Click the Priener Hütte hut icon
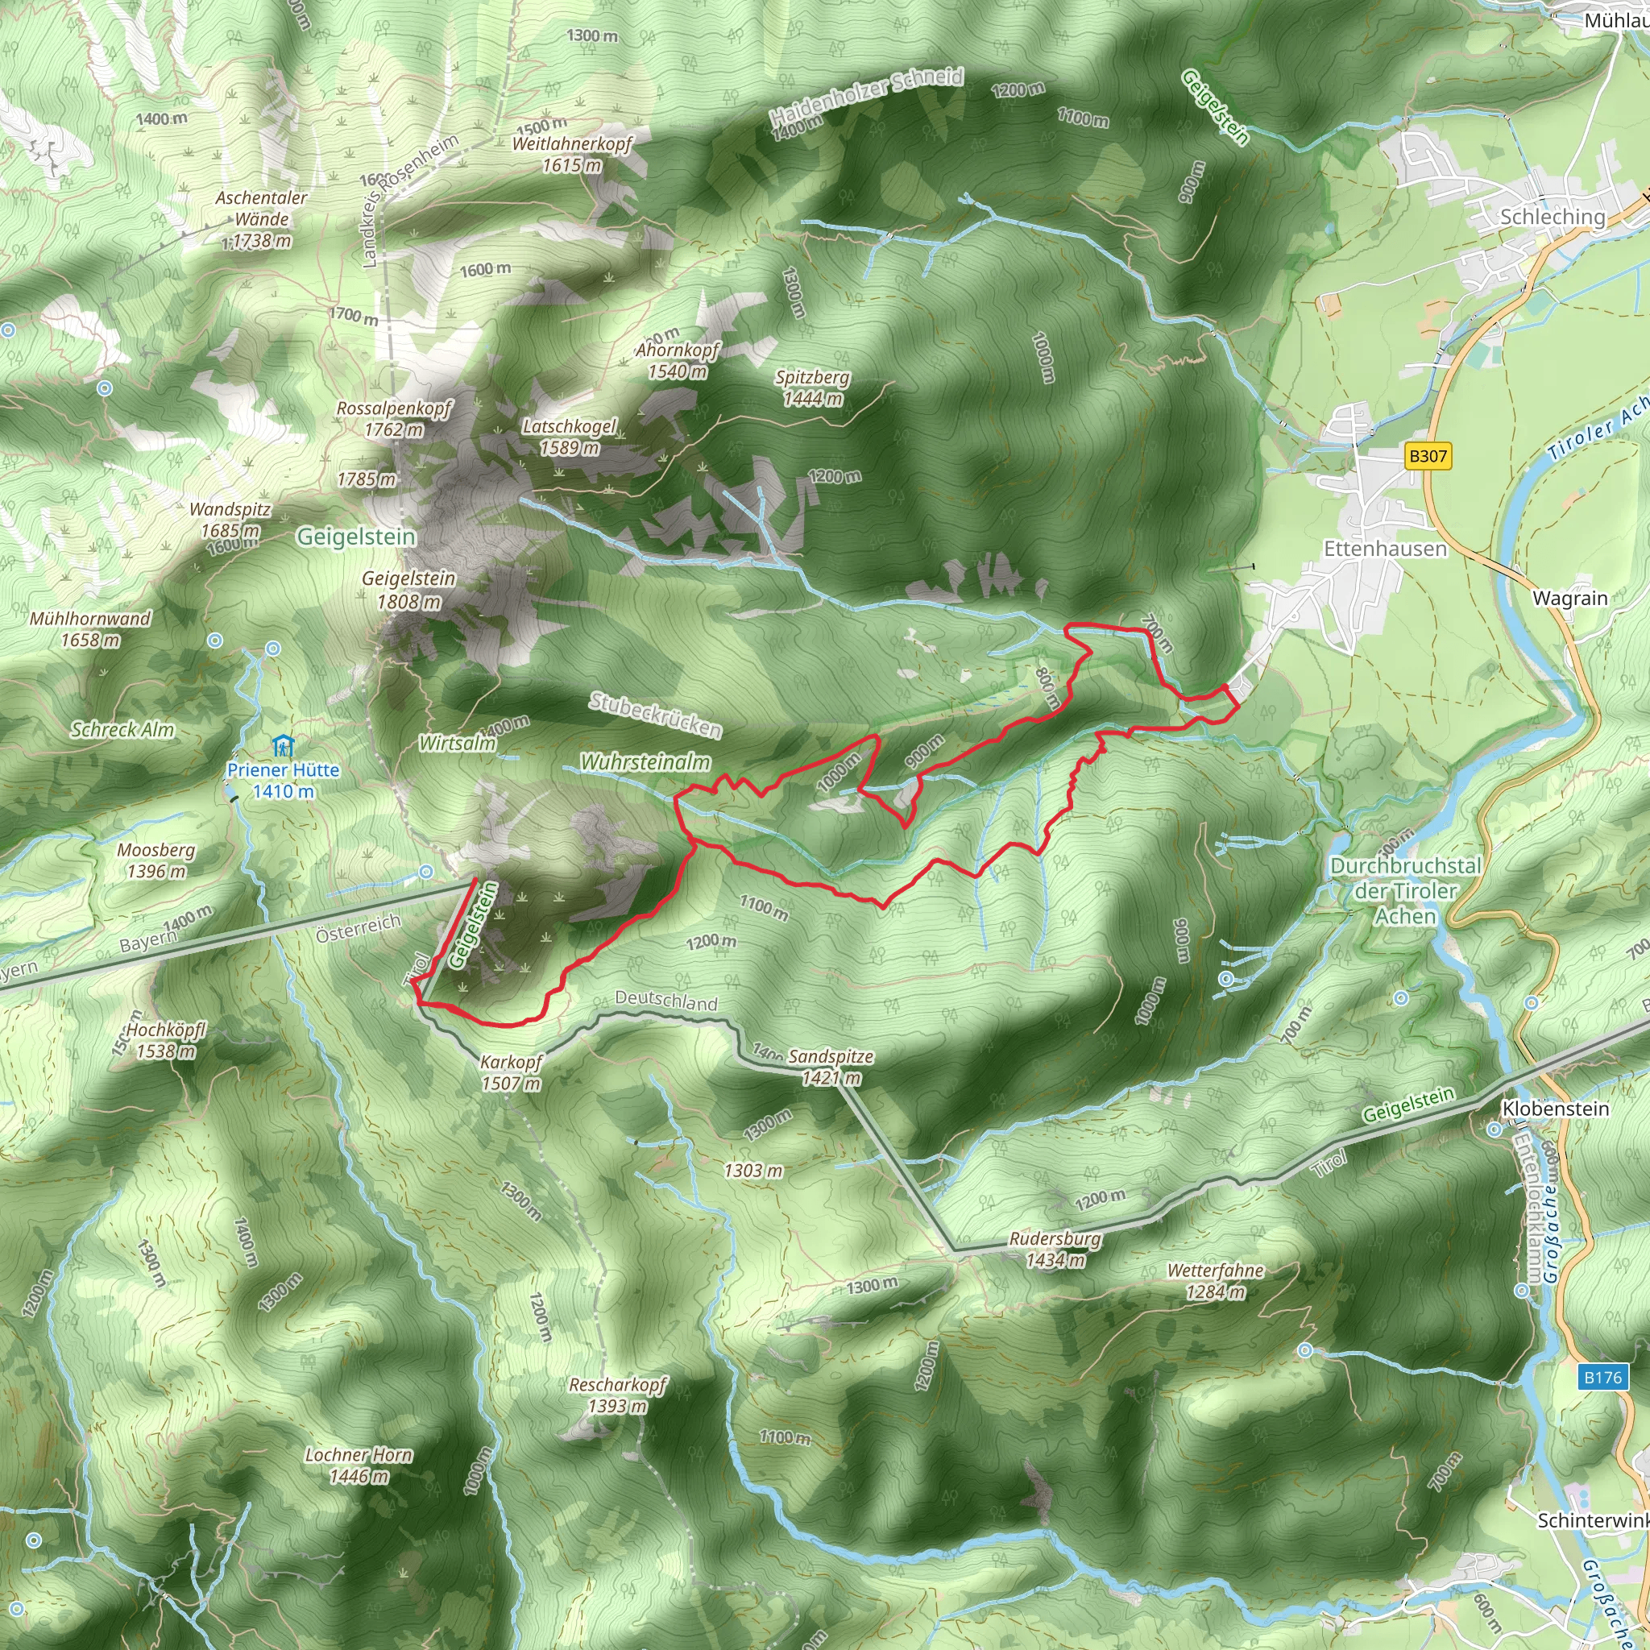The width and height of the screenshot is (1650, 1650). click(x=283, y=746)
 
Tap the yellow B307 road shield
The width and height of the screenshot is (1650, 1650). click(x=1427, y=456)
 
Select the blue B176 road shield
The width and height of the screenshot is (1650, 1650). click(x=1602, y=1377)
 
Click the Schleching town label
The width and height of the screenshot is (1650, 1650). click(x=1552, y=217)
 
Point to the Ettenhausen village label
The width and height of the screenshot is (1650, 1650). click(x=1384, y=549)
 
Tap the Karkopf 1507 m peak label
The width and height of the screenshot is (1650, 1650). click(x=511, y=1072)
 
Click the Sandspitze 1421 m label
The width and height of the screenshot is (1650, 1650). click(x=830, y=1067)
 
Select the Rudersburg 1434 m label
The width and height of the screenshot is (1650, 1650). click(x=1055, y=1249)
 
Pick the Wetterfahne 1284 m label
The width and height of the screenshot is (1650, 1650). click(x=1214, y=1281)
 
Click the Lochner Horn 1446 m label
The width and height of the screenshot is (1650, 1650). click(x=359, y=1465)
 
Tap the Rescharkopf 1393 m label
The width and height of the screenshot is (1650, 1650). click(x=617, y=1395)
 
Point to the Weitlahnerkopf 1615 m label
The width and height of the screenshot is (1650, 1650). click(x=571, y=154)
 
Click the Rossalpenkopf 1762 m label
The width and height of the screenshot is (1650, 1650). click(x=394, y=418)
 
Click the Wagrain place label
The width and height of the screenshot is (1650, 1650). click(x=1569, y=598)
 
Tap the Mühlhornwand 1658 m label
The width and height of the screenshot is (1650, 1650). click(x=89, y=628)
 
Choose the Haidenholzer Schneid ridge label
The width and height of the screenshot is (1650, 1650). click(x=866, y=95)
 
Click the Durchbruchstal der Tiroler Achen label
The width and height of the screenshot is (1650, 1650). click(x=1405, y=891)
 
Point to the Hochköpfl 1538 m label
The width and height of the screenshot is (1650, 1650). click(x=166, y=1040)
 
